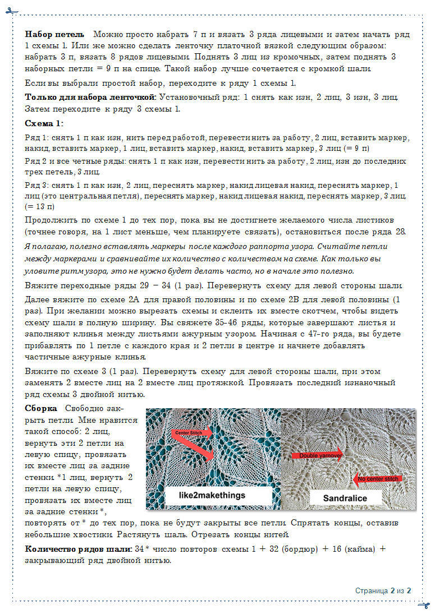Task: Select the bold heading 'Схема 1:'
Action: click(x=44, y=123)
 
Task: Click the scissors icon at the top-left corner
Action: click(x=12, y=12)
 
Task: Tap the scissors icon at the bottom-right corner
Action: click(x=423, y=604)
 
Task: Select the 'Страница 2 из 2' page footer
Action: click(x=383, y=590)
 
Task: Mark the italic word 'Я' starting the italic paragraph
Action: click(x=28, y=246)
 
